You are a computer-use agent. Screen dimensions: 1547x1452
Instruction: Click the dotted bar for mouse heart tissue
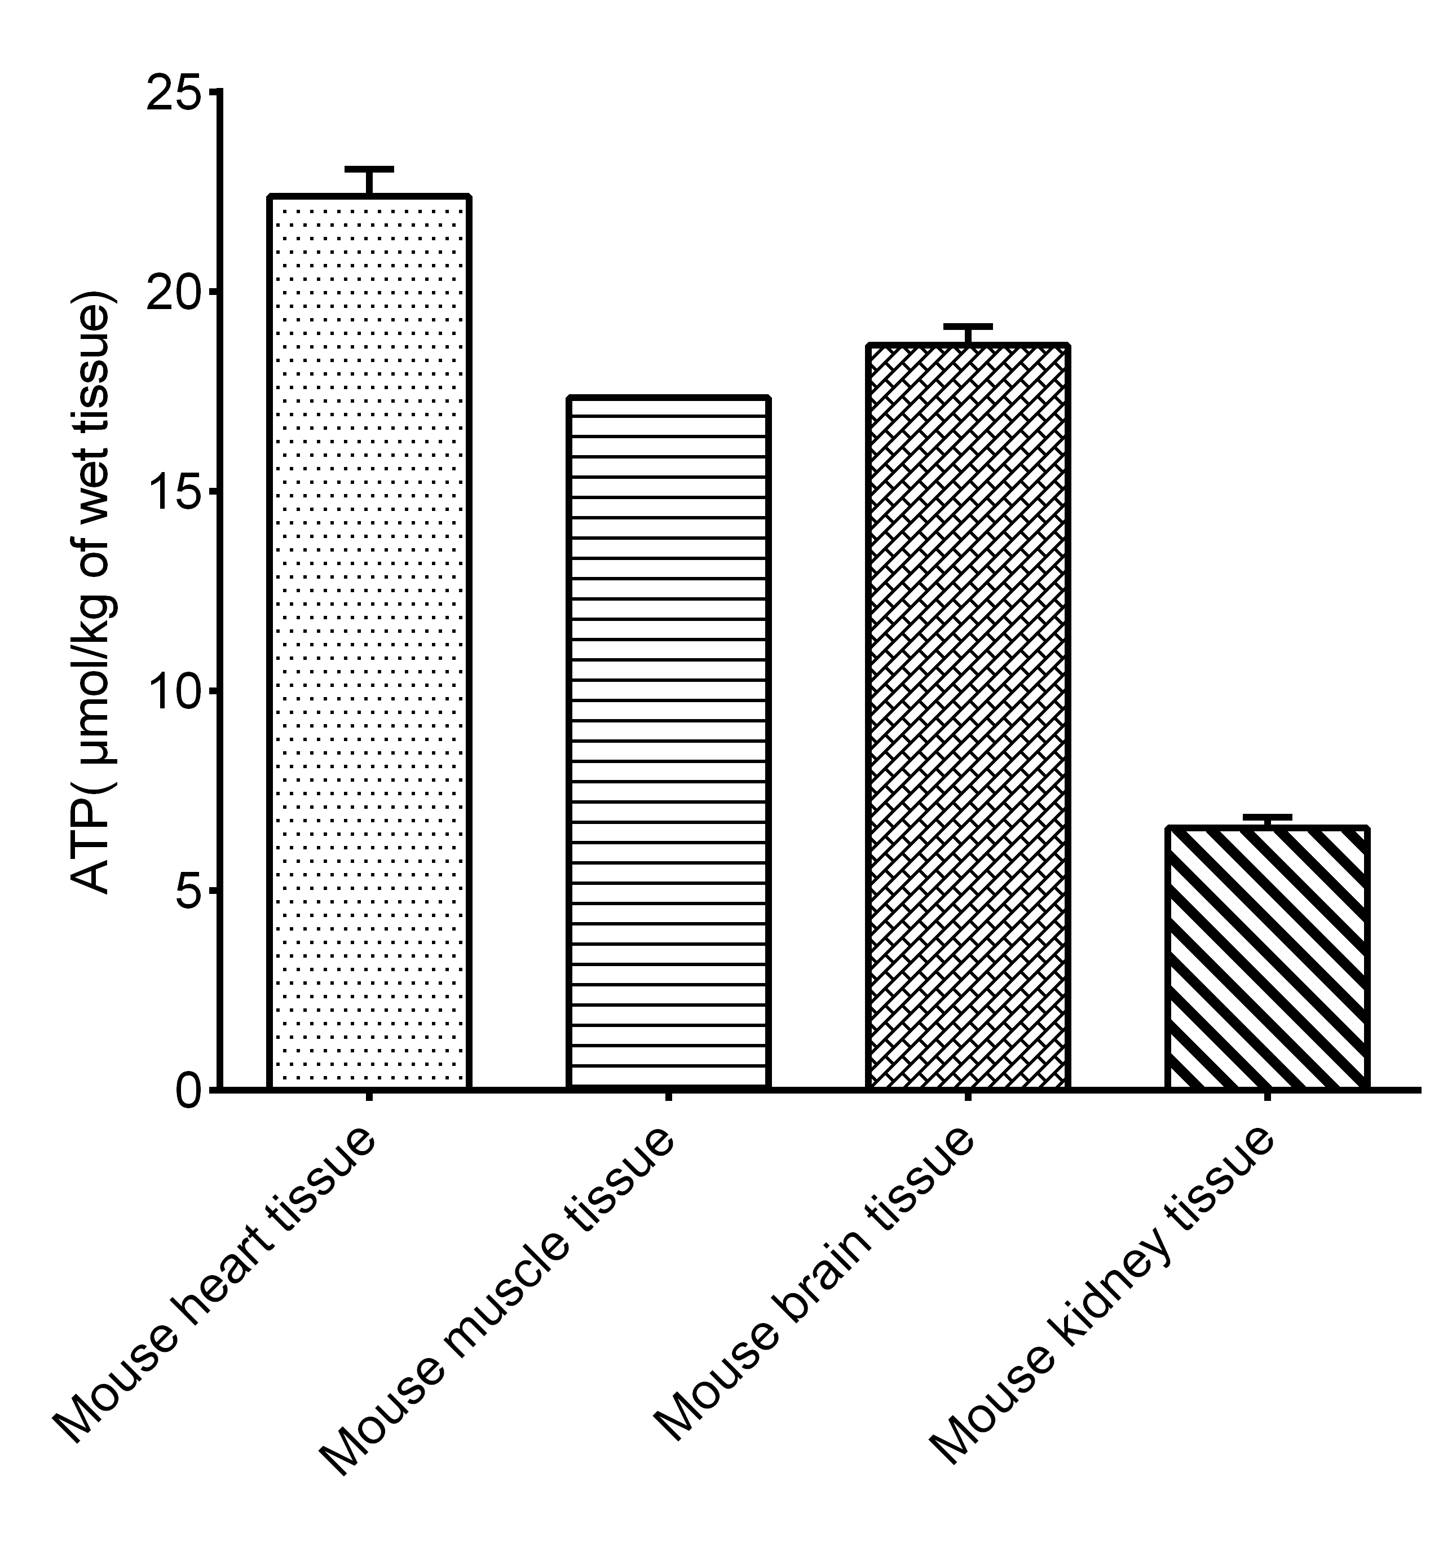pos(369,642)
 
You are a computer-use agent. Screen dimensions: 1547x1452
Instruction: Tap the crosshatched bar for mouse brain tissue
pos(967,716)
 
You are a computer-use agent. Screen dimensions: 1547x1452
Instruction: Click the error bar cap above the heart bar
pos(369,169)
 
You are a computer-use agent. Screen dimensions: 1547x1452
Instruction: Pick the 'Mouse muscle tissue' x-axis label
pos(498,1311)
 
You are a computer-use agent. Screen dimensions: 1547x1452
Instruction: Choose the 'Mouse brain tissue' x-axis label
pos(813,1295)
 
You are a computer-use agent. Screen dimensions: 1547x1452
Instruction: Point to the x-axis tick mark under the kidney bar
pos(1268,1096)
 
